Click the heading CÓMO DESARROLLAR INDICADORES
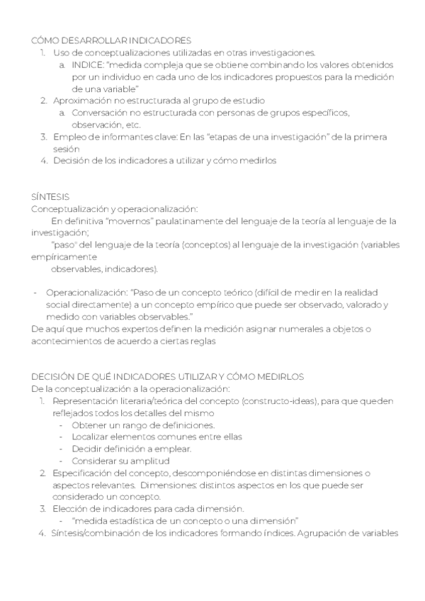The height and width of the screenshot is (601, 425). click(x=111, y=40)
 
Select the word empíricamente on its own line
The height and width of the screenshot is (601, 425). click(x=64, y=257)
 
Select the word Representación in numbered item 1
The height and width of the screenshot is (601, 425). click(x=84, y=401)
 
